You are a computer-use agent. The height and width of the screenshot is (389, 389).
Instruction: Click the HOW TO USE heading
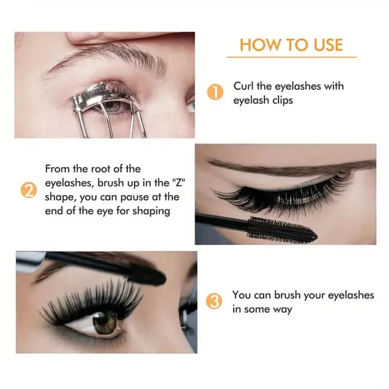pos(291,45)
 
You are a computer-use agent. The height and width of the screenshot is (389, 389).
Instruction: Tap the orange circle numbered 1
pos(215,93)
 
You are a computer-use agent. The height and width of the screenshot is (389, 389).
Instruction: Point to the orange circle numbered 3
pos(215,302)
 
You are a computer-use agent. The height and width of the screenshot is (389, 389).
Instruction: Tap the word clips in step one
pos(280,100)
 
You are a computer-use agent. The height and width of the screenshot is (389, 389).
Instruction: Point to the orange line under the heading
pos(291,57)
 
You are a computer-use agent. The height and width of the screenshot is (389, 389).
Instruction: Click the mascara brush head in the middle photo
pos(281,230)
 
